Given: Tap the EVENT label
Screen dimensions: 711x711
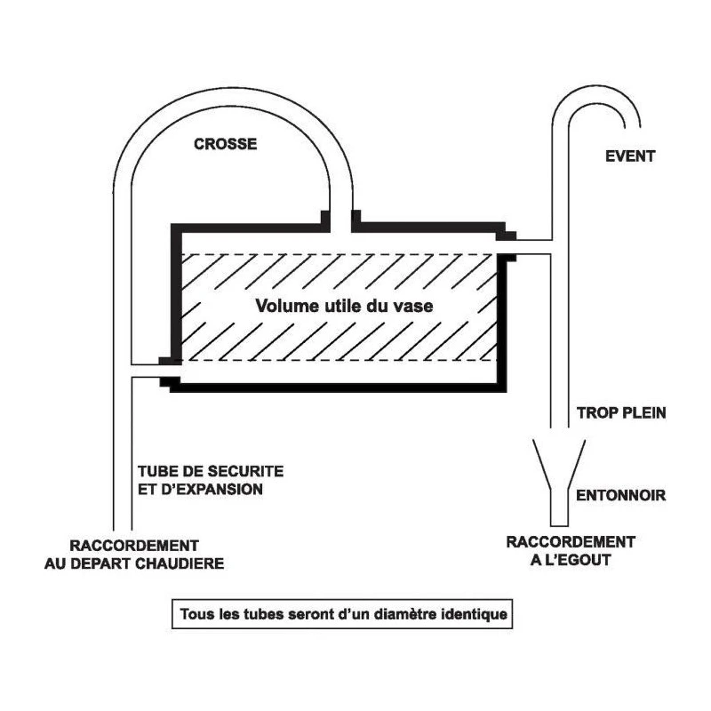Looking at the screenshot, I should click(629, 156).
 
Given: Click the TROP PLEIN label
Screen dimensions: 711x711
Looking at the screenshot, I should click(621, 412).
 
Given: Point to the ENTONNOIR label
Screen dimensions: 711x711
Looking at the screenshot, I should click(621, 494).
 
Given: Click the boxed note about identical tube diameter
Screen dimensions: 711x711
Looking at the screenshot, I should click(342, 614).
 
